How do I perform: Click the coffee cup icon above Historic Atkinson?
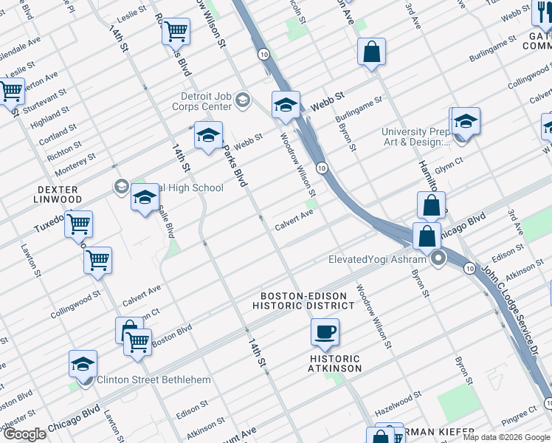tap(325, 332)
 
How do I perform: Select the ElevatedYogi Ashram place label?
tap(377, 259)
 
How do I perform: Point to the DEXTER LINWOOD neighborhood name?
tap(60, 195)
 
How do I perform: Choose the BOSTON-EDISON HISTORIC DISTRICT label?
tap(303, 300)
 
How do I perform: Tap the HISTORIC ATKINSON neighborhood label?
tap(335, 363)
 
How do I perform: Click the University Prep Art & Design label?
tap(415, 137)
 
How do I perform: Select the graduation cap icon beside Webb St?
tap(286, 105)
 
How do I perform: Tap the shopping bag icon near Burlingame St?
tap(372, 52)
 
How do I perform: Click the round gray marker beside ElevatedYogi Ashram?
tap(438, 258)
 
